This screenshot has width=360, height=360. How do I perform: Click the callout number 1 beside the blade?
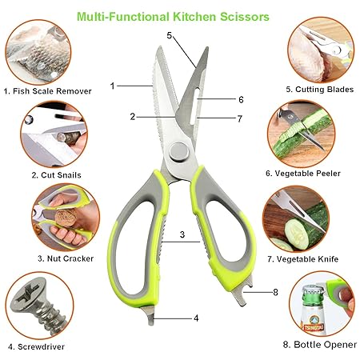point(113,85)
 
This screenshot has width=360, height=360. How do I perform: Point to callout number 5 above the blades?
point(170,35)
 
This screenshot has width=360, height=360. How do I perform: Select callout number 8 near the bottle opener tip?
point(274,292)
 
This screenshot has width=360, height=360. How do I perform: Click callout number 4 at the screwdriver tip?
point(195,318)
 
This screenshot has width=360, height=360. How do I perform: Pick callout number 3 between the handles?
point(182,234)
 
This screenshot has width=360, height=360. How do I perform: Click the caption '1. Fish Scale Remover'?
point(46,91)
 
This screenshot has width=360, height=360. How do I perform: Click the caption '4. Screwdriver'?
point(37,346)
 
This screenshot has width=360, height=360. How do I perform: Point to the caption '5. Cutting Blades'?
point(319,89)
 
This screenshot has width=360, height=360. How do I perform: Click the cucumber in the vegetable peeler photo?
point(307,136)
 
